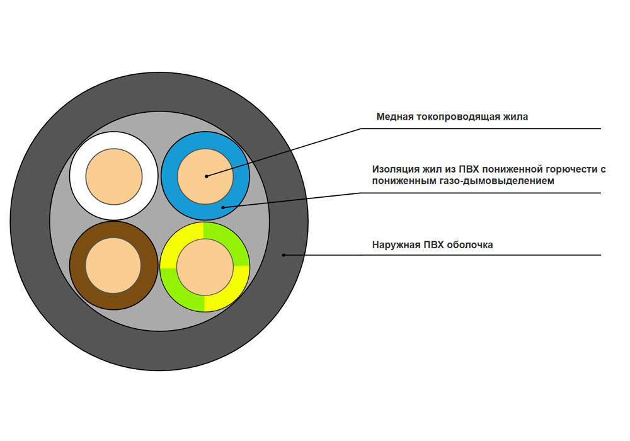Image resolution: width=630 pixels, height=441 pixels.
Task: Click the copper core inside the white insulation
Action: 113,176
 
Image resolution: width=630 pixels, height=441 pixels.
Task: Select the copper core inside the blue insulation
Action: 205,176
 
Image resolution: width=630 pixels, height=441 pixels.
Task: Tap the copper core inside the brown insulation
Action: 113,265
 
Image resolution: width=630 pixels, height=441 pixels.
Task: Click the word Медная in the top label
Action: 395,117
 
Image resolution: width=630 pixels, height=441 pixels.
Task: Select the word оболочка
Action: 469,245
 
